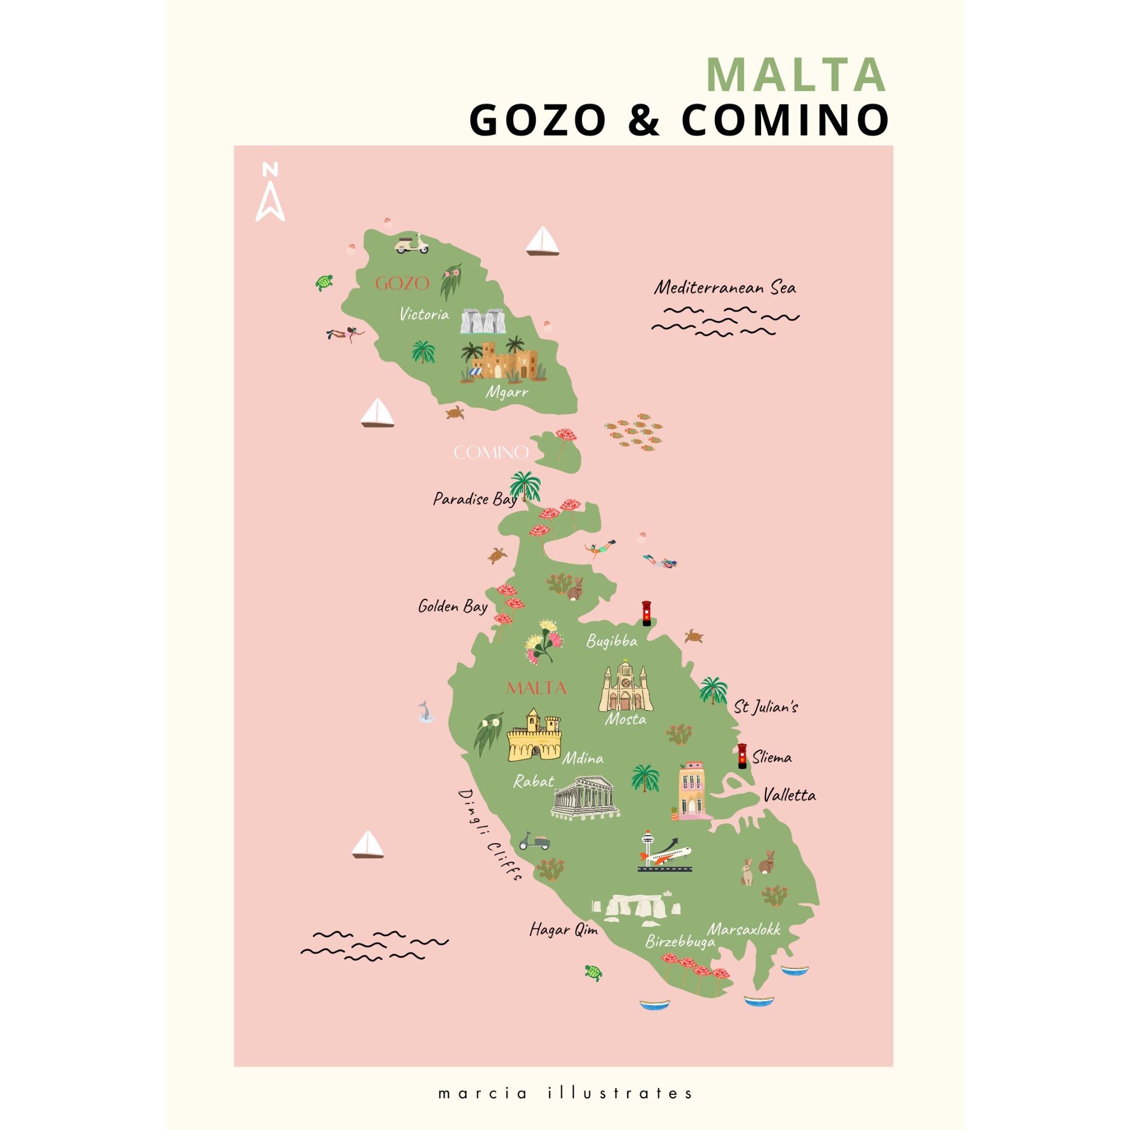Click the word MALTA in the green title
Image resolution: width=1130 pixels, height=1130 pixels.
tap(796, 75)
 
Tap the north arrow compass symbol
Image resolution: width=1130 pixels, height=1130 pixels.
tap(270, 192)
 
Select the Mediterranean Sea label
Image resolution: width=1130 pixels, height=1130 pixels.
tap(725, 288)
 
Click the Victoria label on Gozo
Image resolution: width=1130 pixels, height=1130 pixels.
tap(424, 315)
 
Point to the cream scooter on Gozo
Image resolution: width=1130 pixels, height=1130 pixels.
tap(412, 244)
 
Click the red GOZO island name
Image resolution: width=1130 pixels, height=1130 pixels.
tap(402, 284)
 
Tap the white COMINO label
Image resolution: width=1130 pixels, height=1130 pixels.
tap(491, 452)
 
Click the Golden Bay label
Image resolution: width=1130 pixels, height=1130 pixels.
tap(453, 606)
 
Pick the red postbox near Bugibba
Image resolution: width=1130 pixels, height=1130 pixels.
tap(646, 613)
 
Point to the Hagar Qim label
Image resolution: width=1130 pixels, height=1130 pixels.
tap(563, 929)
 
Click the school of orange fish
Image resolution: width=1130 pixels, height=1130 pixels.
tap(634, 433)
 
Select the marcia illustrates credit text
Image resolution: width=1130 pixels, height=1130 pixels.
tap(565, 1093)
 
